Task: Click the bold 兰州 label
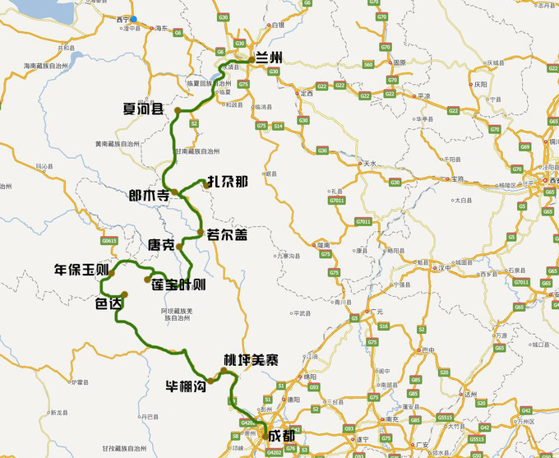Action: (269, 57)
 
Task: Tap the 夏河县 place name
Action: (143, 109)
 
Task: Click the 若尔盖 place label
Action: (227, 234)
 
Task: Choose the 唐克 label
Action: (160, 245)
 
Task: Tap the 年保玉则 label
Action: (81, 270)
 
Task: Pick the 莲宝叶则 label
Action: (178, 285)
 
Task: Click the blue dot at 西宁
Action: (134, 19)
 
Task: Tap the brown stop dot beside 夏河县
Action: (176, 112)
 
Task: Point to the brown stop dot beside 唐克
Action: (179, 246)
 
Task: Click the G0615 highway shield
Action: (109, 241)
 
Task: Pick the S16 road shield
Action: (384, 326)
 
